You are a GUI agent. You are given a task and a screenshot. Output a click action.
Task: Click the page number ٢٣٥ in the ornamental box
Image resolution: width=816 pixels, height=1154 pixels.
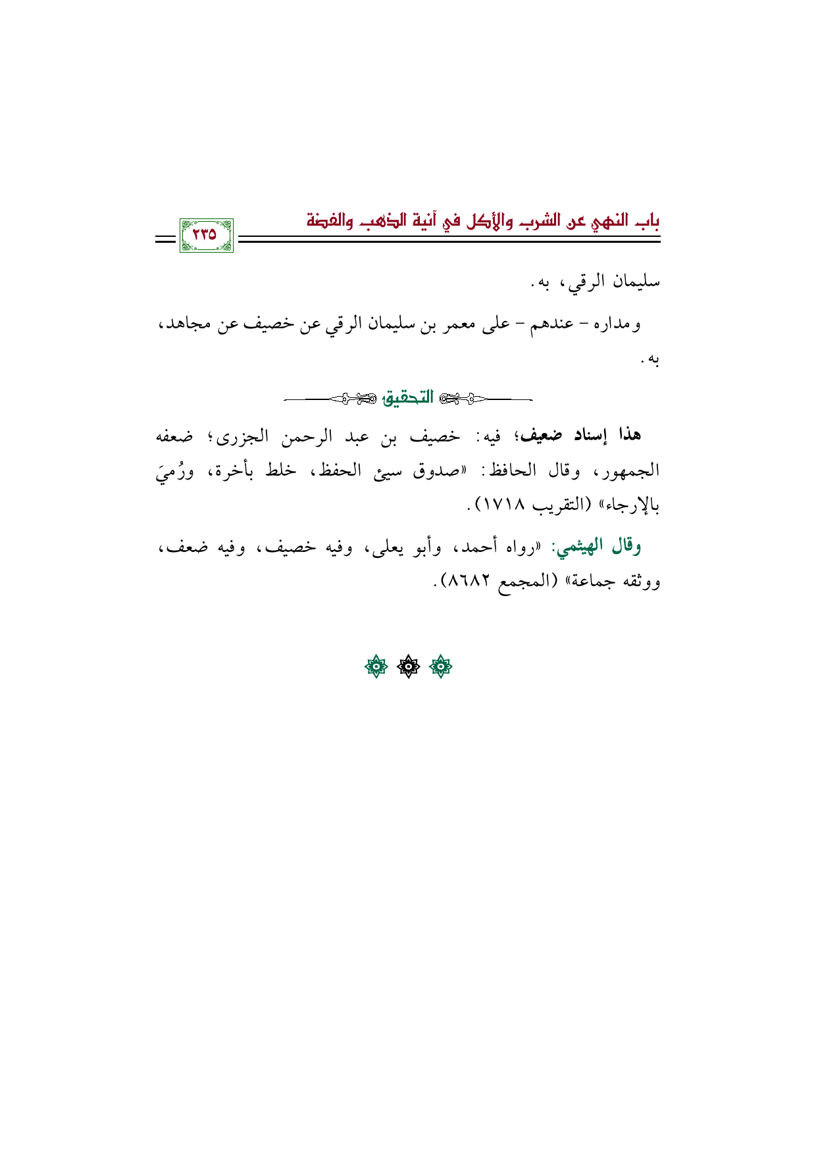coord(205,234)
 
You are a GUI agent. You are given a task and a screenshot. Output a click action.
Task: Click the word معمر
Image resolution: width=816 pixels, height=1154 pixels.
coord(453,324)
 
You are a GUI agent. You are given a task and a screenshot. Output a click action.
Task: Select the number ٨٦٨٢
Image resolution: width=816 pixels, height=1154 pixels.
coord(470,582)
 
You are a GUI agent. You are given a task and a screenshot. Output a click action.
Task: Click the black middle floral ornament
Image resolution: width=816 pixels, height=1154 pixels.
coord(408,667)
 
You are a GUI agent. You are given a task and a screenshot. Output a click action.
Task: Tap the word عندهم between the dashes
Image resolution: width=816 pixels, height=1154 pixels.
coord(553,324)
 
